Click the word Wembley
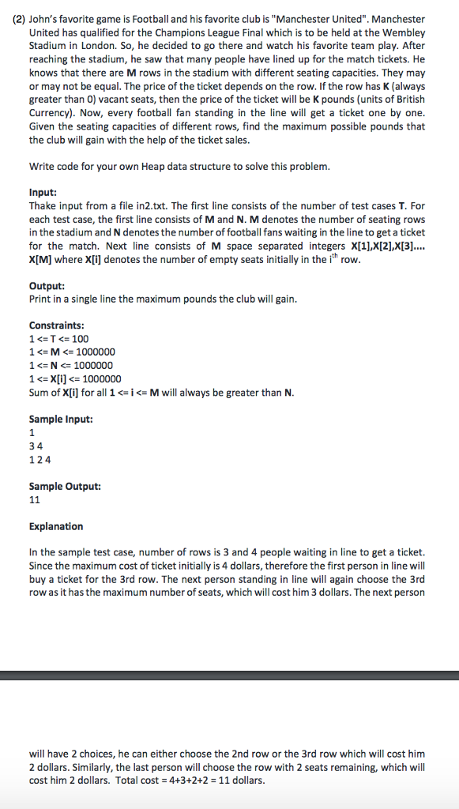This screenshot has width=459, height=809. point(404,32)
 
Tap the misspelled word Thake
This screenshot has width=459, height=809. point(43,205)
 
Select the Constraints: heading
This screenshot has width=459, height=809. point(57,325)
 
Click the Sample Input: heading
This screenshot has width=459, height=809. point(61,419)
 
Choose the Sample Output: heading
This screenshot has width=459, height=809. point(65,486)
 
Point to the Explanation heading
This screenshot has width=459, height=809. point(56,526)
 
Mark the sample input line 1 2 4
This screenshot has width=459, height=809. point(40,459)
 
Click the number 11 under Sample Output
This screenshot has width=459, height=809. point(35,499)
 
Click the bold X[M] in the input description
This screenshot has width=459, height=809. point(43,259)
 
